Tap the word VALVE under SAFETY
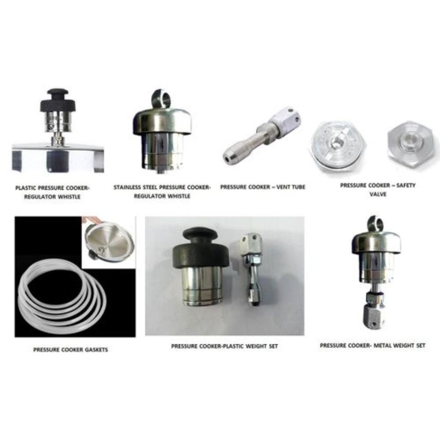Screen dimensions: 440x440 pos(378,194)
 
